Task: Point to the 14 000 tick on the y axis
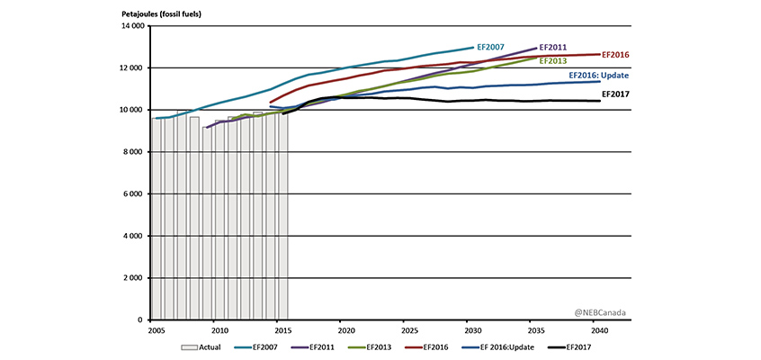131,27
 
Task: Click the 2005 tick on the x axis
151,330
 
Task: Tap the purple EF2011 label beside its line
552,47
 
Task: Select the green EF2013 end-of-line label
552,60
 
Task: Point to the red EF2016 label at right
615,55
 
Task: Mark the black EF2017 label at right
613,93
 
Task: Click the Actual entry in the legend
205,346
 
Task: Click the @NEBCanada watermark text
600,312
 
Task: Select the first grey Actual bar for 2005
157,219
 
